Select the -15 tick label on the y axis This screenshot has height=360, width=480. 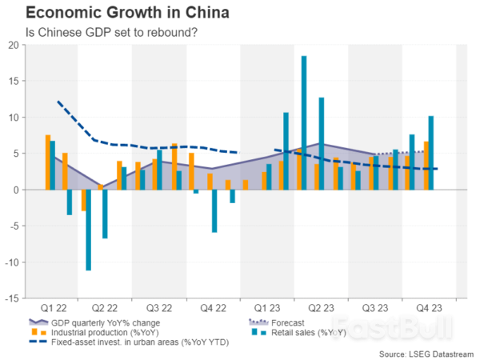[12, 298]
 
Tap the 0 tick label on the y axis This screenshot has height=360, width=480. [16, 190]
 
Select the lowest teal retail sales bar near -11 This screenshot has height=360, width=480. [88, 230]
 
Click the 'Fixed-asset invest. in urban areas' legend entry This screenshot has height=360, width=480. [120, 342]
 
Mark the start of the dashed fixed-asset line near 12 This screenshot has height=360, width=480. [58, 102]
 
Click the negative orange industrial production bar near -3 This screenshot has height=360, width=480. [83, 200]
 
